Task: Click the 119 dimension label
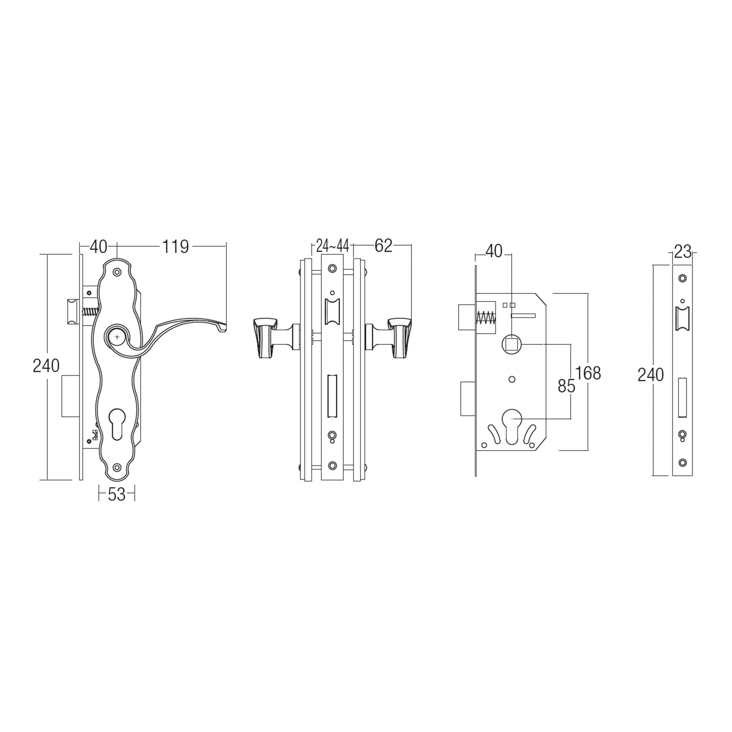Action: point(175,247)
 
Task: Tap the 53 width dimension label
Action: point(117,494)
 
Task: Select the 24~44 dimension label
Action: point(332,246)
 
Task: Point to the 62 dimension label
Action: point(384,246)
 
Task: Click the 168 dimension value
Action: point(588,373)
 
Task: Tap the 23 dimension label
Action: point(683,252)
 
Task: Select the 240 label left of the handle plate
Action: point(46,366)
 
